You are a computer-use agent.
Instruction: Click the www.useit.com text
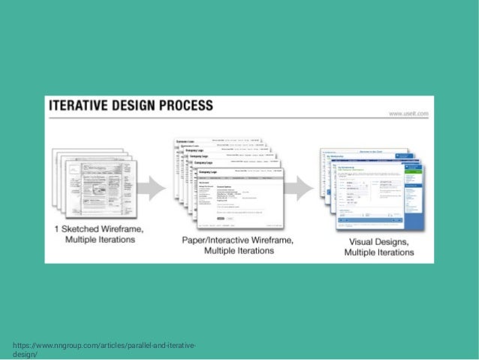click(x=408, y=113)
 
